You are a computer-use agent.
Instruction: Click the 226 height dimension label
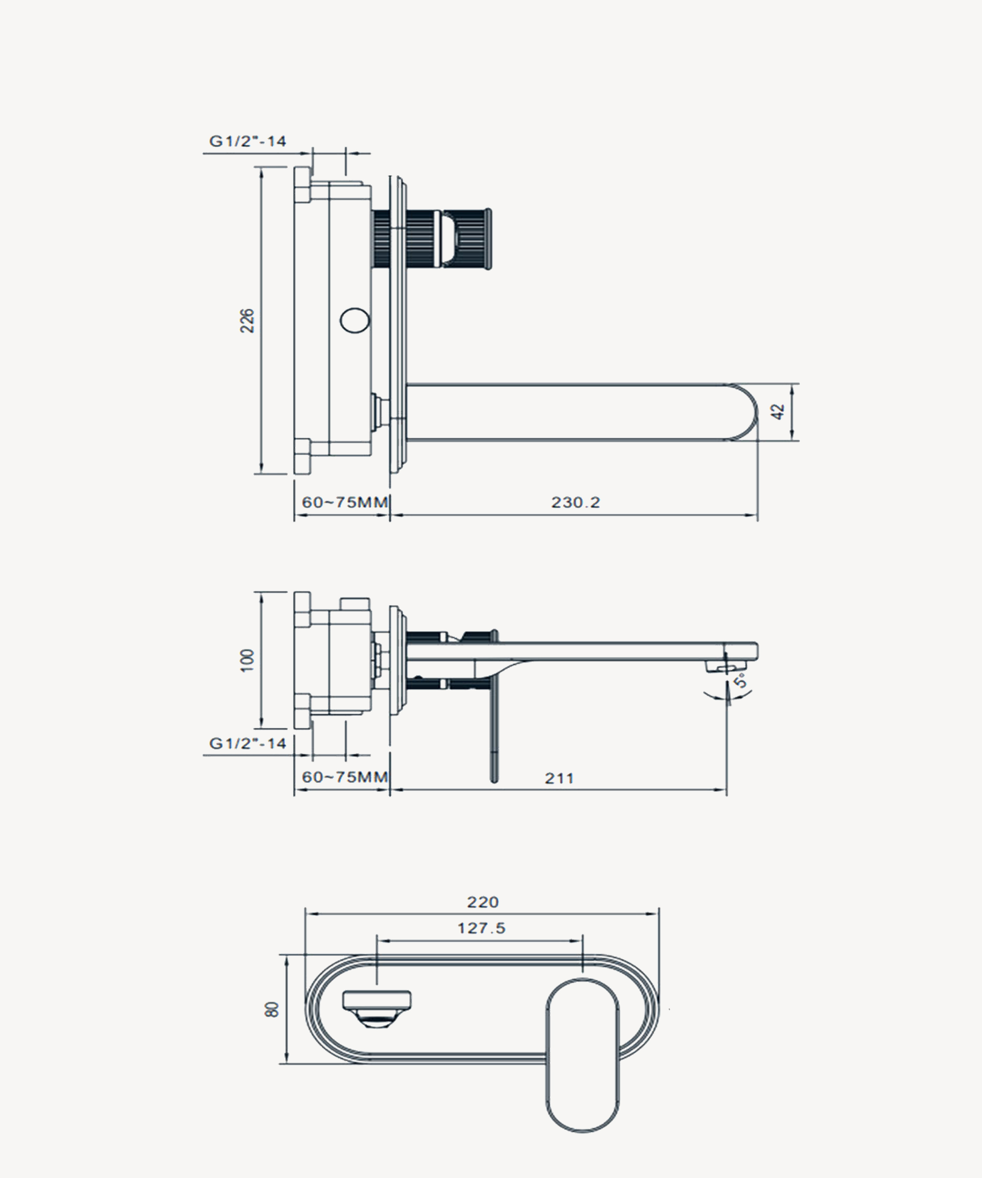pos(247,321)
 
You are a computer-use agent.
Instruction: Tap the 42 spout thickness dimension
pos(779,412)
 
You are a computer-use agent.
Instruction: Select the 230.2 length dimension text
pos(575,502)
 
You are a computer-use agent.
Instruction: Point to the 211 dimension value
pos(559,778)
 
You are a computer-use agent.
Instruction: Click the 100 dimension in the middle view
pos(247,660)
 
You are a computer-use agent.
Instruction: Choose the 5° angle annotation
pos(741,681)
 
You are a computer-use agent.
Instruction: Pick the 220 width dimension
pos(483,902)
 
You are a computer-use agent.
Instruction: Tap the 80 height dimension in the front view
pos(272,1009)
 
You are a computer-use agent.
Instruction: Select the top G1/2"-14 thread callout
pos(247,141)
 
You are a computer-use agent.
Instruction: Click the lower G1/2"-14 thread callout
pos(247,744)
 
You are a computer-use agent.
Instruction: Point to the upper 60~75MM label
pos(345,502)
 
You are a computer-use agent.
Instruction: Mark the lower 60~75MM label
pos(345,777)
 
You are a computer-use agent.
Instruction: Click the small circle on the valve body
pos(355,321)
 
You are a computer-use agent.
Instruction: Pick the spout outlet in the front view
pos(377,1008)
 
